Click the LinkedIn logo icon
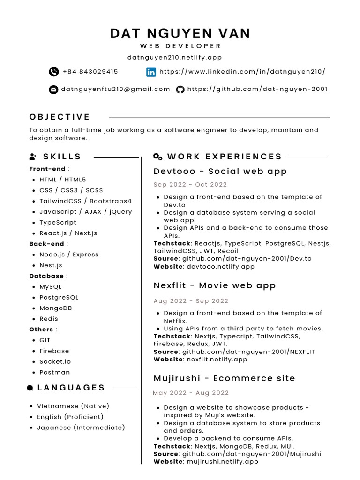(x=151, y=72)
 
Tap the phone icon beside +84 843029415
(x=53, y=72)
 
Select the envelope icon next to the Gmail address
(x=53, y=90)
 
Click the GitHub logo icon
(x=180, y=89)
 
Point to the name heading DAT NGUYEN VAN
(x=180, y=33)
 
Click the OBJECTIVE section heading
(x=60, y=117)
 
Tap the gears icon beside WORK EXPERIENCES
(x=158, y=157)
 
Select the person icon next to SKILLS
(x=33, y=157)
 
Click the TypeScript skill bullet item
(x=58, y=222)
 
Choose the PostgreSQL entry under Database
(x=59, y=297)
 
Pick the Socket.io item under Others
(x=55, y=361)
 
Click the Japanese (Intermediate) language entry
(x=81, y=427)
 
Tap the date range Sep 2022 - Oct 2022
(x=190, y=184)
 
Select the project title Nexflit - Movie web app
(x=215, y=285)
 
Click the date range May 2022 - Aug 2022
(x=191, y=393)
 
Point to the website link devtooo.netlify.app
(x=220, y=266)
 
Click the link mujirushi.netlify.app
(x=222, y=461)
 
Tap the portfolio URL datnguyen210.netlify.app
(x=174, y=57)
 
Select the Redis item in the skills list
(x=49, y=319)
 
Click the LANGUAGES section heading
(x=71, y=388)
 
